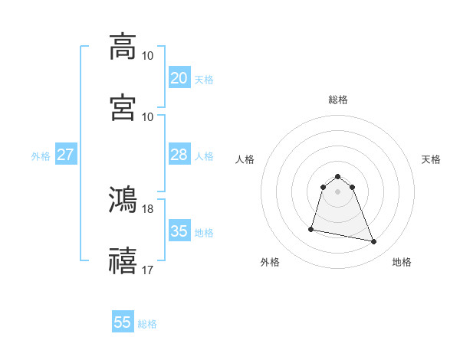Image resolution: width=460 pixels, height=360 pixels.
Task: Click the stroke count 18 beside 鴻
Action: pos(147,208)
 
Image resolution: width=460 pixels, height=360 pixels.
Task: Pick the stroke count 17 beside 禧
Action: pos(147,270)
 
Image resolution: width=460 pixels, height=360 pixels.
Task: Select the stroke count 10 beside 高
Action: pos(147,56)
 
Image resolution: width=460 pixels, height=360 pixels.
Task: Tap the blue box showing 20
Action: pos(179,78)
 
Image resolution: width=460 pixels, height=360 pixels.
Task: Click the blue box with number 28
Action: pos(179,155)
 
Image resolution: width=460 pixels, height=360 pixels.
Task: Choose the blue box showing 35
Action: pos(179,231)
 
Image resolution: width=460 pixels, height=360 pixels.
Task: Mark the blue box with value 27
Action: pos(65,155)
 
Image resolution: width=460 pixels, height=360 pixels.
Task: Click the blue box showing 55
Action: pos(123,322)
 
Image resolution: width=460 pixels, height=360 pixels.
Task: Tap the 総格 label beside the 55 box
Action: pos(147,324)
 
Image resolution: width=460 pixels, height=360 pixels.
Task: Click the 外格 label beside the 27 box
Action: pos(41,156)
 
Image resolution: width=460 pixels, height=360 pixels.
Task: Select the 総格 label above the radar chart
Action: pos(338,100)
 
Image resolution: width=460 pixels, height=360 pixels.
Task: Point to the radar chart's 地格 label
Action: pos(402,263)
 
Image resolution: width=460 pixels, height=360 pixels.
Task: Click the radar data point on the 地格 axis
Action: pos(374,242)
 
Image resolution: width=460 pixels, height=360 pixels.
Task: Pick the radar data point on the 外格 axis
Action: pos(311,228)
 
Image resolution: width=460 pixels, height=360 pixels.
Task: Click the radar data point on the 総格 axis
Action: pos(338,174)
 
